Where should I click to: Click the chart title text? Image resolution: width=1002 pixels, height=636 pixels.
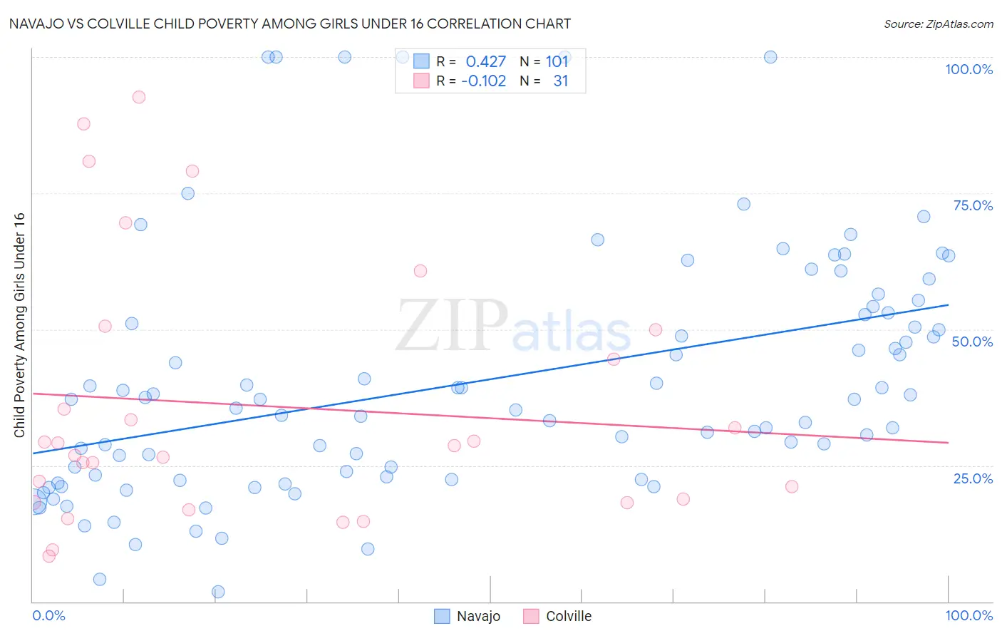point(289,24)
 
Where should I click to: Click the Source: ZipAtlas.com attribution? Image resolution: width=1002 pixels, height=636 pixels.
point(938,24)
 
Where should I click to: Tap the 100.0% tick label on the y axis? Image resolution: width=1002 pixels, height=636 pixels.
point(969,70)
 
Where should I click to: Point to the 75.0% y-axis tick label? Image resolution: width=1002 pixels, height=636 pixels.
point(973,206)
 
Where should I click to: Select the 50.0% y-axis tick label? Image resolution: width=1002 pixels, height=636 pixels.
point(972,342)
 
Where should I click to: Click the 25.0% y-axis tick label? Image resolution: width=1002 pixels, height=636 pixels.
point(973,478)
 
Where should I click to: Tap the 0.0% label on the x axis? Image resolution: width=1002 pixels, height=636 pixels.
point(48,615)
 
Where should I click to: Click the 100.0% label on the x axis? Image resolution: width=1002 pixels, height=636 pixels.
point(969,615)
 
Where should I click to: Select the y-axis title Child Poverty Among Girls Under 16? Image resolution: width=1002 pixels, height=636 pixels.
point(20,325)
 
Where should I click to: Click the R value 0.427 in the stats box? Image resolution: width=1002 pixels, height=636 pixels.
point(485,62)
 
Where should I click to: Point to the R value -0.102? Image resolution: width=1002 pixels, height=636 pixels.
point(483,81)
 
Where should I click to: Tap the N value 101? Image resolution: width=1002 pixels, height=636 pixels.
point(557,62)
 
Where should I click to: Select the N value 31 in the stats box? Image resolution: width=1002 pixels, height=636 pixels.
point(560,81)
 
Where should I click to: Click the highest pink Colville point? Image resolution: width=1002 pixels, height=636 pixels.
point(139,97)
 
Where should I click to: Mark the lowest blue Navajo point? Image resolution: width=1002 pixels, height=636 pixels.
point(218,592)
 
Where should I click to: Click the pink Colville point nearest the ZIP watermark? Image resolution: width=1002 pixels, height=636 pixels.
point(420,271)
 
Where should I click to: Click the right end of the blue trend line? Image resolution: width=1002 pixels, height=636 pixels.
point(948,305)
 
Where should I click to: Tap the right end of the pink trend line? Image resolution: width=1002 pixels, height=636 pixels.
point(948,443)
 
